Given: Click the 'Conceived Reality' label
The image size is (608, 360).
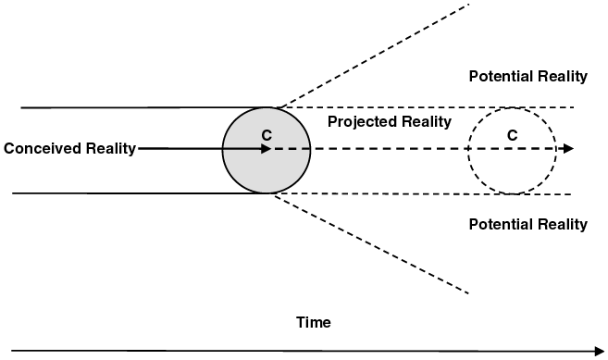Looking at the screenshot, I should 69,149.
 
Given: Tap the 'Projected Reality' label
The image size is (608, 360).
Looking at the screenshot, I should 390,122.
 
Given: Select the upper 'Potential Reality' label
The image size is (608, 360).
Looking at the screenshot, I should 527,76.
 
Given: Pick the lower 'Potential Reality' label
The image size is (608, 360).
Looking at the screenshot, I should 527,224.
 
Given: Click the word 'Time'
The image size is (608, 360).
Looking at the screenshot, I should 313,322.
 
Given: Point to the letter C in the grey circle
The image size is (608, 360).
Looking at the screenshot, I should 267,135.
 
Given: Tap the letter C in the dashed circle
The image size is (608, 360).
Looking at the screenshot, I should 512,135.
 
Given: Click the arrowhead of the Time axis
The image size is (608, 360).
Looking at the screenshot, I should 598,352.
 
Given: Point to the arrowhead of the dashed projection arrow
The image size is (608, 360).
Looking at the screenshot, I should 567,148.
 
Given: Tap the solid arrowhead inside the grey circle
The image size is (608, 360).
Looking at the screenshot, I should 266,148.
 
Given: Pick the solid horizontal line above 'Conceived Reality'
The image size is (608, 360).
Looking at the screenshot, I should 139,107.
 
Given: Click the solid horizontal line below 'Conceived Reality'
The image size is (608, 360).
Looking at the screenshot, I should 139,192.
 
